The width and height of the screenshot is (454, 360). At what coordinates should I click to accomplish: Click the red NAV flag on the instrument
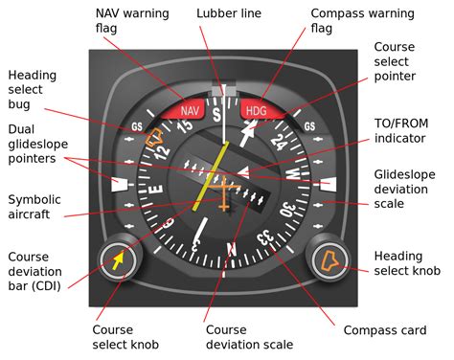point(188,110)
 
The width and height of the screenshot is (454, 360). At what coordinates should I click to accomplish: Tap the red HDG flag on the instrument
point(258,110)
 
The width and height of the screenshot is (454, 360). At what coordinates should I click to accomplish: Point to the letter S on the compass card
point(217,116)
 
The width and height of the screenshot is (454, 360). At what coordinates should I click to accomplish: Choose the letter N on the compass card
point(230,251)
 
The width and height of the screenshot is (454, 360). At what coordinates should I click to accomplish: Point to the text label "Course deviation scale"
point(248,337)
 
